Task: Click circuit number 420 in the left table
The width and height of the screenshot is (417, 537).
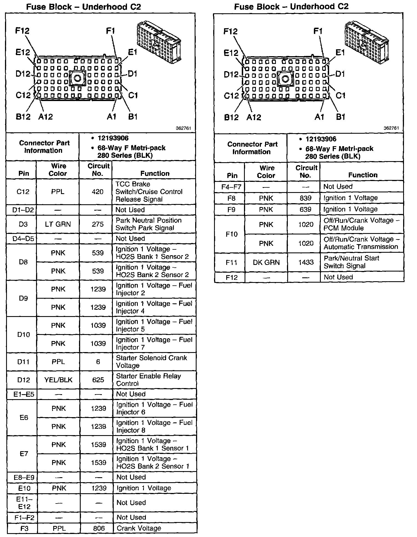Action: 97,192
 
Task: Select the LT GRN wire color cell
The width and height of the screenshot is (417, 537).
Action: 58,224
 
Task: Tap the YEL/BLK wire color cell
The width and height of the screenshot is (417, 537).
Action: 58,380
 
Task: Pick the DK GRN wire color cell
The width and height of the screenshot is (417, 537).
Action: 266,262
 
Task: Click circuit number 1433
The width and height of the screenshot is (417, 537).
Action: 306,262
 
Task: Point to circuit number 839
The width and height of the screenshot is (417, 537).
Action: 305,198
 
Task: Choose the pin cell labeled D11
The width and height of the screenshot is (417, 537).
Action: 23,362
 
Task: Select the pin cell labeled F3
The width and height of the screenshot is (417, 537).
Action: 24,528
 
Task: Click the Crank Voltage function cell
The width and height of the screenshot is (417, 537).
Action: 139,528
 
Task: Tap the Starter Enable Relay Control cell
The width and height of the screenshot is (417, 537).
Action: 149,380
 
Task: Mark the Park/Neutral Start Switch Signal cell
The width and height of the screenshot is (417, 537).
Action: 351,262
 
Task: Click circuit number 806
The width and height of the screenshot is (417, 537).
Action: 99,528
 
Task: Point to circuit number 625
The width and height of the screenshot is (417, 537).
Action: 98,380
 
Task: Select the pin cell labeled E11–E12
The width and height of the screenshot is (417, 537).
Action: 24,503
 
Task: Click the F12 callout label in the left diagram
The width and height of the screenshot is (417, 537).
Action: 22,31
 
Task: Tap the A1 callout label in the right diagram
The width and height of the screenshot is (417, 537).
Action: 319,117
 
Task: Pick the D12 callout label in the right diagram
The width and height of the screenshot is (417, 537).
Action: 231,74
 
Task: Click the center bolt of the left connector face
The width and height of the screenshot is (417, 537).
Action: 77,78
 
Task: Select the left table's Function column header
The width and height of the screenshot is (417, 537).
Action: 155,174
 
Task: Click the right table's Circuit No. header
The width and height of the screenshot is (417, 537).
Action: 306,171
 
